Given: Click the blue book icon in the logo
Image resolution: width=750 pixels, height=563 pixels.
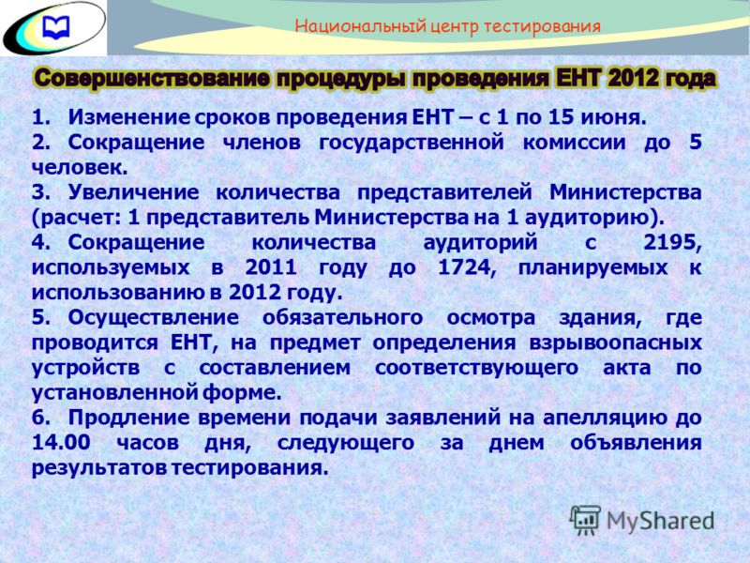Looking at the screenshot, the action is pos(56,27).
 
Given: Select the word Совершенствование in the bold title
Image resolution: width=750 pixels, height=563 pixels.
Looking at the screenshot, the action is pos(152,79).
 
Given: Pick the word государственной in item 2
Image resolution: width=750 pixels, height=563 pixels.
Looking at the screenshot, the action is pos(411,143).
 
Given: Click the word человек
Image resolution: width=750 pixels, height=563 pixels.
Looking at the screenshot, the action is pos(80,168).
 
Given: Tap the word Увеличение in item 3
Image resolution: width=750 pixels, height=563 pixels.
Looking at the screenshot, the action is pos(133,192).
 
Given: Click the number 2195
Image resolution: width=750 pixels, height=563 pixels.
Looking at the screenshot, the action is pos(672,243).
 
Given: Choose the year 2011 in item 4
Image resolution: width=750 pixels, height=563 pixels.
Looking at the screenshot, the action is pos(271,267).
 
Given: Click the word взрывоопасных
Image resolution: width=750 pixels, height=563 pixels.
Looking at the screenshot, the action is pos(615,342).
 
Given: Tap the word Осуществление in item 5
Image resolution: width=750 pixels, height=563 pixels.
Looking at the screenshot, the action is pos(153,317).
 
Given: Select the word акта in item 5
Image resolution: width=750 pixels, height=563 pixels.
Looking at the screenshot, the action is pos(626,368).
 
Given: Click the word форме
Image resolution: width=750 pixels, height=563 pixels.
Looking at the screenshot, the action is pos(242,393).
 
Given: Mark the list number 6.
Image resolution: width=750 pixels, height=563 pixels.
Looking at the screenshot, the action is pos(40,418).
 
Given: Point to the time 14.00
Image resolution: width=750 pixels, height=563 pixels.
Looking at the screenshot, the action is pos(61,442).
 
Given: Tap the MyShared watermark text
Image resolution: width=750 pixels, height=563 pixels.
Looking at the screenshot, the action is pos(660,521).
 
